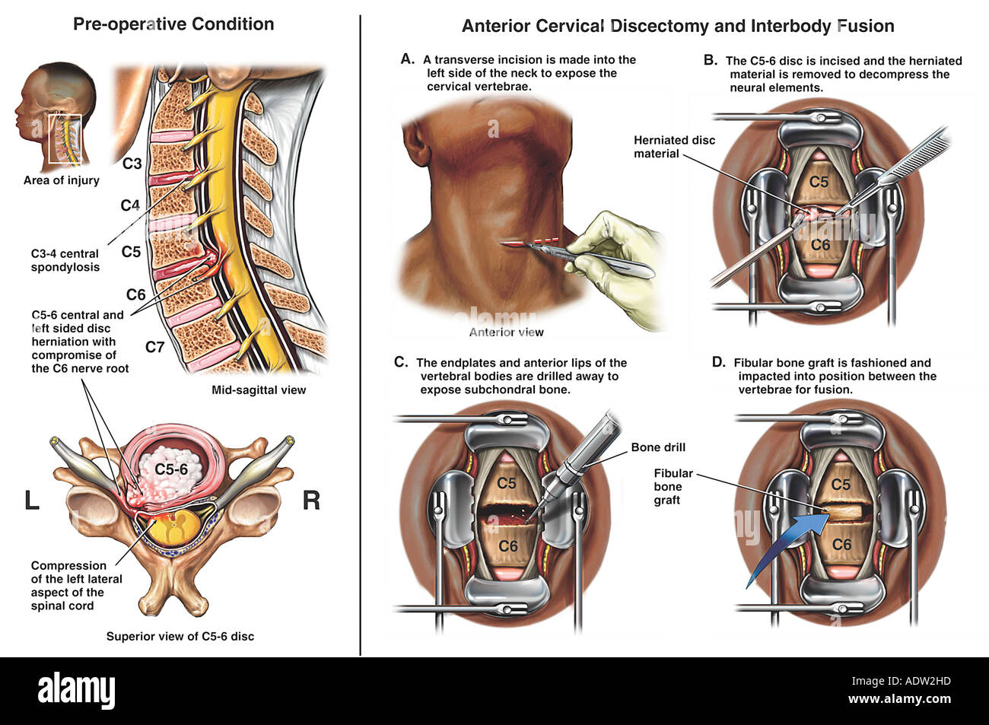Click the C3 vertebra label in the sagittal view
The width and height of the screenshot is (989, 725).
click(x=132, y=163)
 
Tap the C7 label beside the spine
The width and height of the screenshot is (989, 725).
click(x=154, y=347)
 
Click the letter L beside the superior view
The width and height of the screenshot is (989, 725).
click(x=32, y=501)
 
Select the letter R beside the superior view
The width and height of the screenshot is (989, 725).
click(x=311, y=501)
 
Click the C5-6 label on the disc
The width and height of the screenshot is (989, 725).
click(x=171, y=469)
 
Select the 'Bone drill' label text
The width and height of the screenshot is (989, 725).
click(x=658, y=447)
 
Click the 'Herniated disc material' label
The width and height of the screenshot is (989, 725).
click(x=674, y=147)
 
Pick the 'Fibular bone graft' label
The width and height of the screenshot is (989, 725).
click(x=673, y=487)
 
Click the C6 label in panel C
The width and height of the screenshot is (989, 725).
click(x=507, y=545)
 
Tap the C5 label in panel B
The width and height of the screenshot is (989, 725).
click(x=819, y=181)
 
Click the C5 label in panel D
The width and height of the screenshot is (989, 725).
click(x=841, y=484)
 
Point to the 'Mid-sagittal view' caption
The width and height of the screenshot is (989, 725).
click(x=259, y=390)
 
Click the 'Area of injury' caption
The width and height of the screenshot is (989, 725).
click(x=61, y=180)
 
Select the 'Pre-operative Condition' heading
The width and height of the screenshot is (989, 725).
click(x=173, y=24)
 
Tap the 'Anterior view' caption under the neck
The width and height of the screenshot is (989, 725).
click(x=506, y=332)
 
